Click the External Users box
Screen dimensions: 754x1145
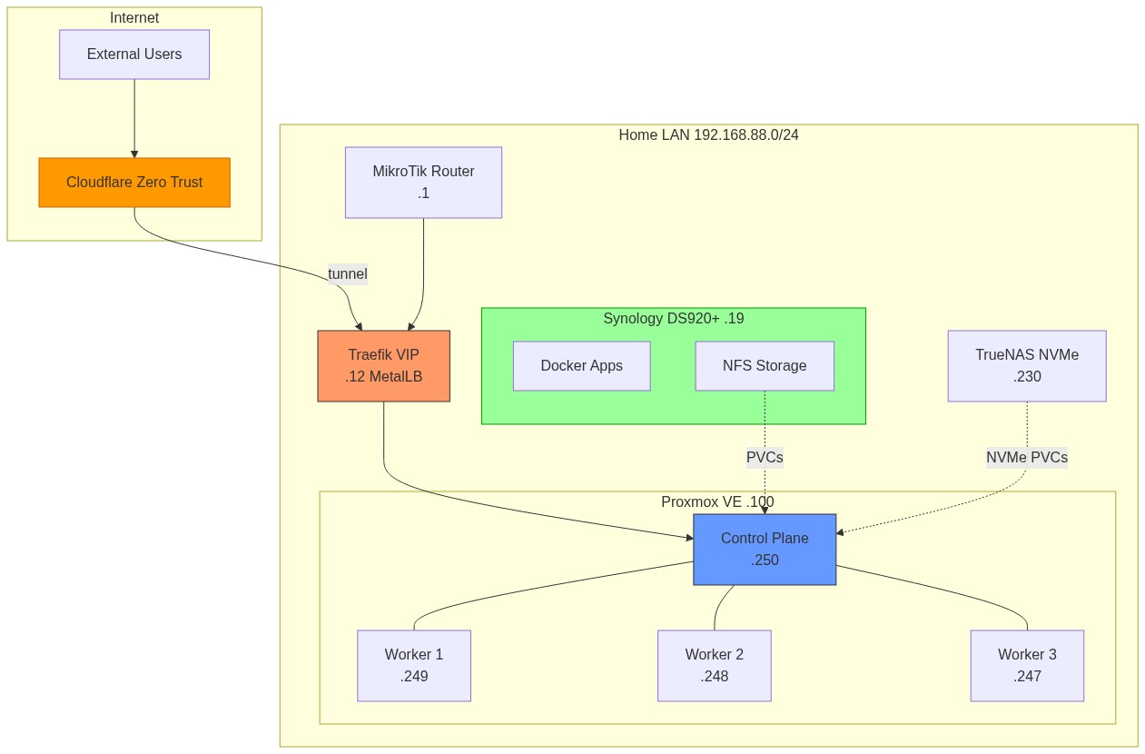click(134, 55)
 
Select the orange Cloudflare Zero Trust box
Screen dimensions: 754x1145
click(134, 183)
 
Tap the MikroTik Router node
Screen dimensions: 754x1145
click(423, 183)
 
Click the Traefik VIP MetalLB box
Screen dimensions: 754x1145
click(383, 366)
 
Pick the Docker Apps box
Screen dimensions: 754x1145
click(581, 366)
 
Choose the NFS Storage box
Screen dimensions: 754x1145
click(765, 366)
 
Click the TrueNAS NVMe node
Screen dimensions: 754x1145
click(1027, 366)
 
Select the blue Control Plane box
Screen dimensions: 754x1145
click(765, 549)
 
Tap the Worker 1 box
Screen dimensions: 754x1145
click(414, 666)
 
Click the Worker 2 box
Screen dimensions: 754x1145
click(715, 666)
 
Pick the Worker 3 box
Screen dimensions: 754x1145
click(1027, 666)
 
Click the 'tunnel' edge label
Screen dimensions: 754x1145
click(348, 273)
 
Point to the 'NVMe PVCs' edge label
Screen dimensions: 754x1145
click(1027, 458)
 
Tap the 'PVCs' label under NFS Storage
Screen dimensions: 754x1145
click(765, 458)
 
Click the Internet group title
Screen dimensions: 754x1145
click(134, 18)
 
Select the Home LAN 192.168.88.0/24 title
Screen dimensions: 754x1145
click(708, 135)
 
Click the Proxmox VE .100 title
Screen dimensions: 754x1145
click(717, 501)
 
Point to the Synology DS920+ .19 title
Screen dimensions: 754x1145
click(673, 319)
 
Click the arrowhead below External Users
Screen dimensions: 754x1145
click(134, 154)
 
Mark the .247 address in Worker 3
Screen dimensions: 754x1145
click(1027, 677)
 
